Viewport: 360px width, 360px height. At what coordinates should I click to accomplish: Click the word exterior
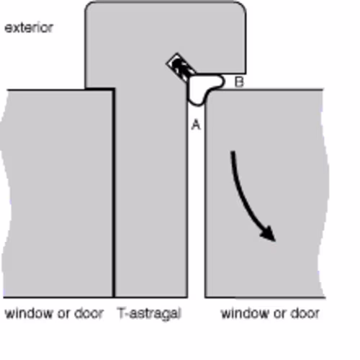(x=29, y=28)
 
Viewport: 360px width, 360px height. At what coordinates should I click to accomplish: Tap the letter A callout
(x=196, y=125)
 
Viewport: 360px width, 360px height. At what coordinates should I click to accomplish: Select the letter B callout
(x=239, y=82)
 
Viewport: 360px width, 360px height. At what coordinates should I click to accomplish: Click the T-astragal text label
(x=149, y=314)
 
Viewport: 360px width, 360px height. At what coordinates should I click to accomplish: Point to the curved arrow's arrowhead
(x=269, y=233)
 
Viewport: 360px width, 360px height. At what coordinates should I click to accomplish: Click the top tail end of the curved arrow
(x=233, y=152)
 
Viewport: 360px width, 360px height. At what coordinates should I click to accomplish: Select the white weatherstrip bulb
(x=203, y=89)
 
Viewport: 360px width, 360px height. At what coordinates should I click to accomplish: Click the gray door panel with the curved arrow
(x=264, y=192)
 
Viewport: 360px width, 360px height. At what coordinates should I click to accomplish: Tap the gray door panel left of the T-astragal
(x=58, y=192)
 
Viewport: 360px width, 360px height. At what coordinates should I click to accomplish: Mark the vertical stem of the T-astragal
(x=151, y=192)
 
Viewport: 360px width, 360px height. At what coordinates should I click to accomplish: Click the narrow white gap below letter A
(x=197, y=211)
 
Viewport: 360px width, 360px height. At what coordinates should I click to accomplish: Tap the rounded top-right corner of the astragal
(x=241, y=6)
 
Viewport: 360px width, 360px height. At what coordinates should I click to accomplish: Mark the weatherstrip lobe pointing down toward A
(x=197, y=99)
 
